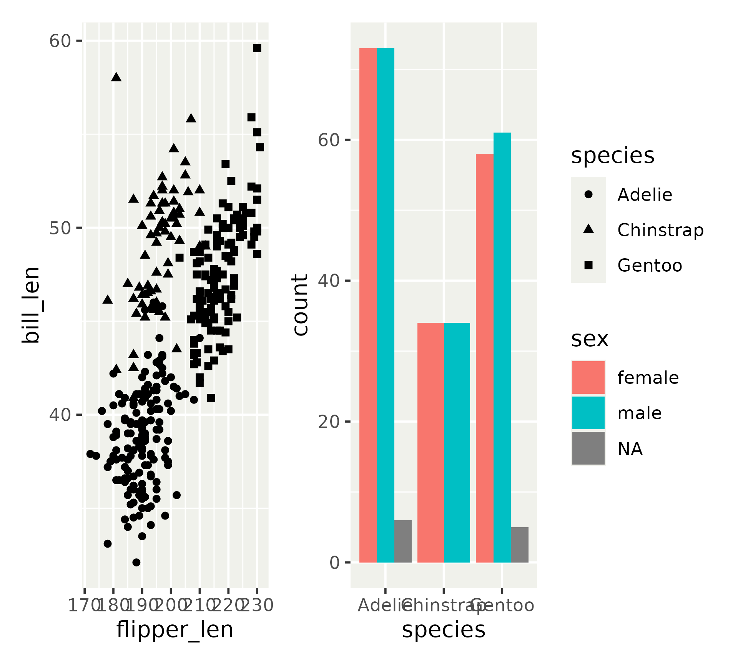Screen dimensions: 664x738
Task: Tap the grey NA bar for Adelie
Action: tap(403, 541)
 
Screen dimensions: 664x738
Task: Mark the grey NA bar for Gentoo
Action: tap(520, 545)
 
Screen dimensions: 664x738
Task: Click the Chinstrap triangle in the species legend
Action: tap(588, 229)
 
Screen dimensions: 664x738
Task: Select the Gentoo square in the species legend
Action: tap(588, 265)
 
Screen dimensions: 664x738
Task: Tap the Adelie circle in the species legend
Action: tap(588, 194)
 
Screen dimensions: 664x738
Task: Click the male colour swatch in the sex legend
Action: tap(588, 413)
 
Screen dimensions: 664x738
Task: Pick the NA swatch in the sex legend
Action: tap(588, 448)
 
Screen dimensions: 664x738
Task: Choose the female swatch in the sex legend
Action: tap(588, 377)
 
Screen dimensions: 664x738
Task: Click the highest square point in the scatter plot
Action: tap(257, 48)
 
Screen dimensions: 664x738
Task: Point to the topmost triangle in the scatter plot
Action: tap(116, 77)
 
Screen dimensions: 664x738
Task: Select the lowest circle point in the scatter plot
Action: tap(136, 562)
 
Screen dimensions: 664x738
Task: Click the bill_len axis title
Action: tap(31, 305)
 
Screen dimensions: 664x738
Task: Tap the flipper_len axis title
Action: tap(175, 630)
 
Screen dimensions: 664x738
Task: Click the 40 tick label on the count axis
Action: tap(329, 281)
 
